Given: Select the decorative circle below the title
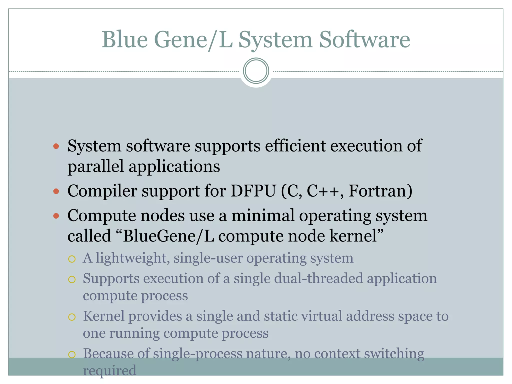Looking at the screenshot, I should tap(256, 71).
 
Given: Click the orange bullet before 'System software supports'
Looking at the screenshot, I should tap(56, 146).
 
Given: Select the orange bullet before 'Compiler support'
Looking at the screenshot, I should tap(56, 191).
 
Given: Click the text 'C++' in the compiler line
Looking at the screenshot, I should tap(322, 191).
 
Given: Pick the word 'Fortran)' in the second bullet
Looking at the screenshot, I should tap(380, 191).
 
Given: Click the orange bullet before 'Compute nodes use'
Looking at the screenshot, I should tap(56, 216).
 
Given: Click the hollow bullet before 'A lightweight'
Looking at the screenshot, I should tap(72, 259).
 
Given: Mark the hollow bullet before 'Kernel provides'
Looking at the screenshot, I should tap(72, 317).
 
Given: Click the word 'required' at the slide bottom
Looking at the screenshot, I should tap(109, 370).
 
